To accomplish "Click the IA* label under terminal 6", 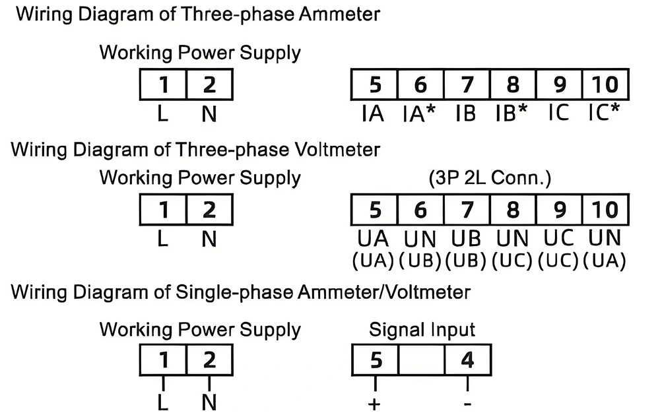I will click(x=420, y=114).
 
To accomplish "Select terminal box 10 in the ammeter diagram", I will click(x=605, y=84).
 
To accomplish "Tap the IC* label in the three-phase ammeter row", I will click(x=605, y=113).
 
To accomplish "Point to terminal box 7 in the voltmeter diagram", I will click(x=466, y=210).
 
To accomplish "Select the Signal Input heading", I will click(x=422, y=329).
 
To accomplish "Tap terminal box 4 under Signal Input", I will click(x=467, y=360).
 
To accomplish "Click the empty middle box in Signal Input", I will click(x=420, y=360).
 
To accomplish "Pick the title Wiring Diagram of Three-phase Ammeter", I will click(x=198, y=14).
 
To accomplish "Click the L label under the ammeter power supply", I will click(x=163, y=114).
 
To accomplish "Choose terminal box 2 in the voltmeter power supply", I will click(x=209, y=210).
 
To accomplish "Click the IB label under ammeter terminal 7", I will click(x=466, y=114).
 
